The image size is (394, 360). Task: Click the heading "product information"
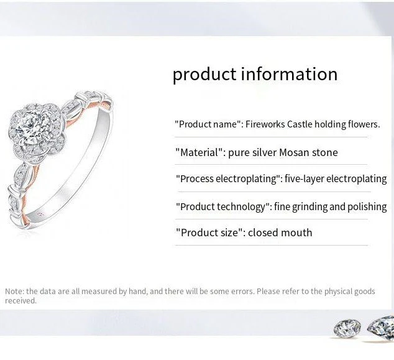(255, 74)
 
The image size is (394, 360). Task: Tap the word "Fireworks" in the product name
(265, 124)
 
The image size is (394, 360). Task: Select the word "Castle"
(300, 124)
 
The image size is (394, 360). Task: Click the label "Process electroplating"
(228, 179)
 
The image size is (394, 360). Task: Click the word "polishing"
(367, 206)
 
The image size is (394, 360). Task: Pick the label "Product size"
(209, 233)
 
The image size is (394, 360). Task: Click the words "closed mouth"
(280, 233)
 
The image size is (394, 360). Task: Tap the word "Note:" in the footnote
(14, 291)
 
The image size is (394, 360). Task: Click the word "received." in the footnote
(21, 301)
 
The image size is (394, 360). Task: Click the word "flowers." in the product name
(364, 124)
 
